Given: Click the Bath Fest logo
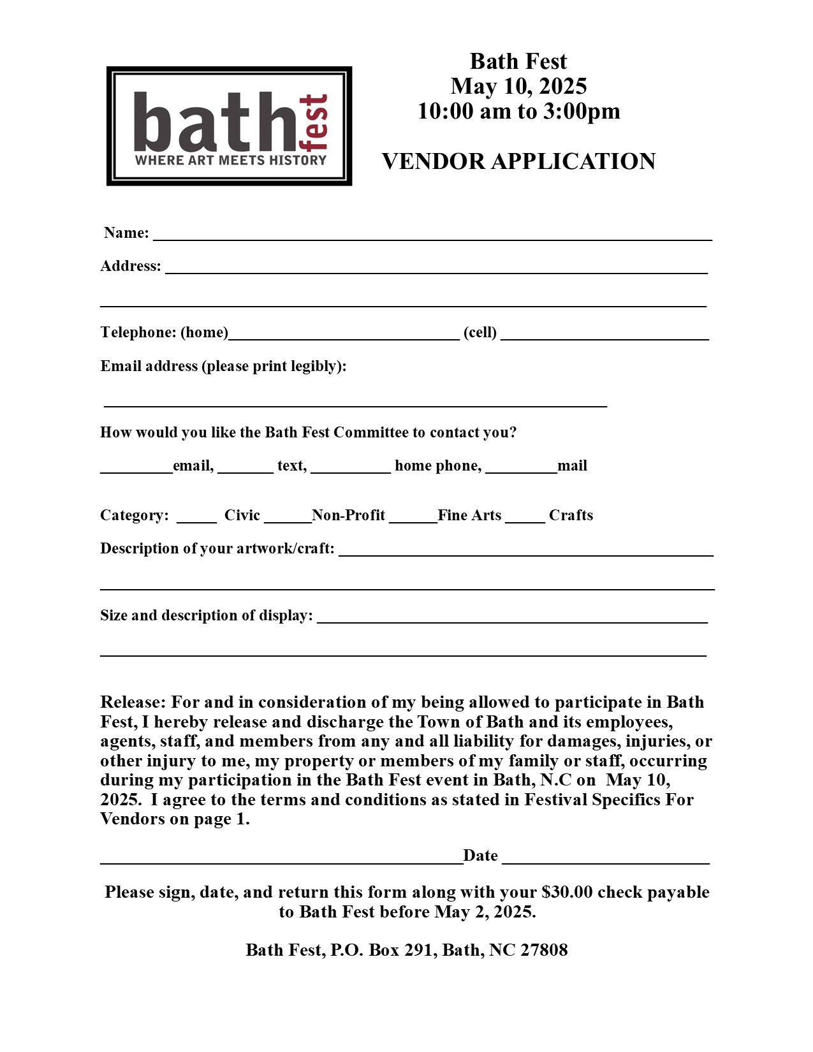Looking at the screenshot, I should point(229,126).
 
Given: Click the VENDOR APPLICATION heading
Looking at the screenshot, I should point(518,161).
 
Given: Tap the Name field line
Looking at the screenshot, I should point(432,236).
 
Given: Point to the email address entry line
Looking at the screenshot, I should point(355,402).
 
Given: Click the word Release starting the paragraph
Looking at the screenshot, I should point(133,702).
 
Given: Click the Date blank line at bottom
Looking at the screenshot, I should point(606,859).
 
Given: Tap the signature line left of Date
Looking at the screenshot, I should point(281,859).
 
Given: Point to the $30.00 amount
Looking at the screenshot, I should point(567,892).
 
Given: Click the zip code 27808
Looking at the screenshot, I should point(544,950).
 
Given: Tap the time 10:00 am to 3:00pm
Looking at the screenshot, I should point(518,111).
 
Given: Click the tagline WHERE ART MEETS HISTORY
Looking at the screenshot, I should point(230,160).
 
